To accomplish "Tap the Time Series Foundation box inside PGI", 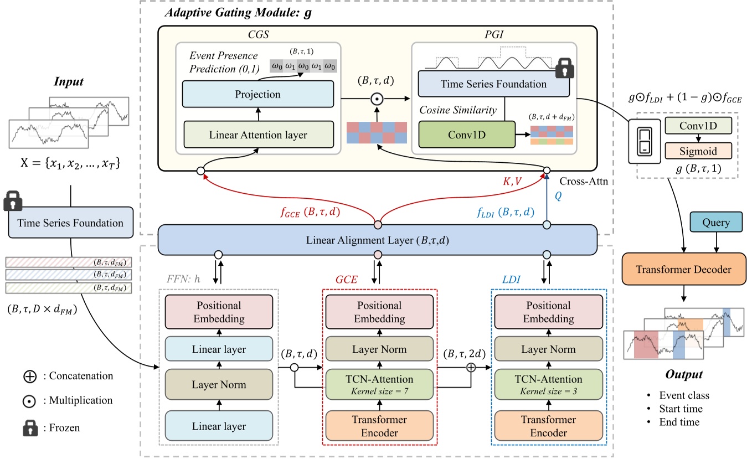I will point(494,84).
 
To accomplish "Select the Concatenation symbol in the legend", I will point(31,376).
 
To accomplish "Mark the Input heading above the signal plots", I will point(69,82).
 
